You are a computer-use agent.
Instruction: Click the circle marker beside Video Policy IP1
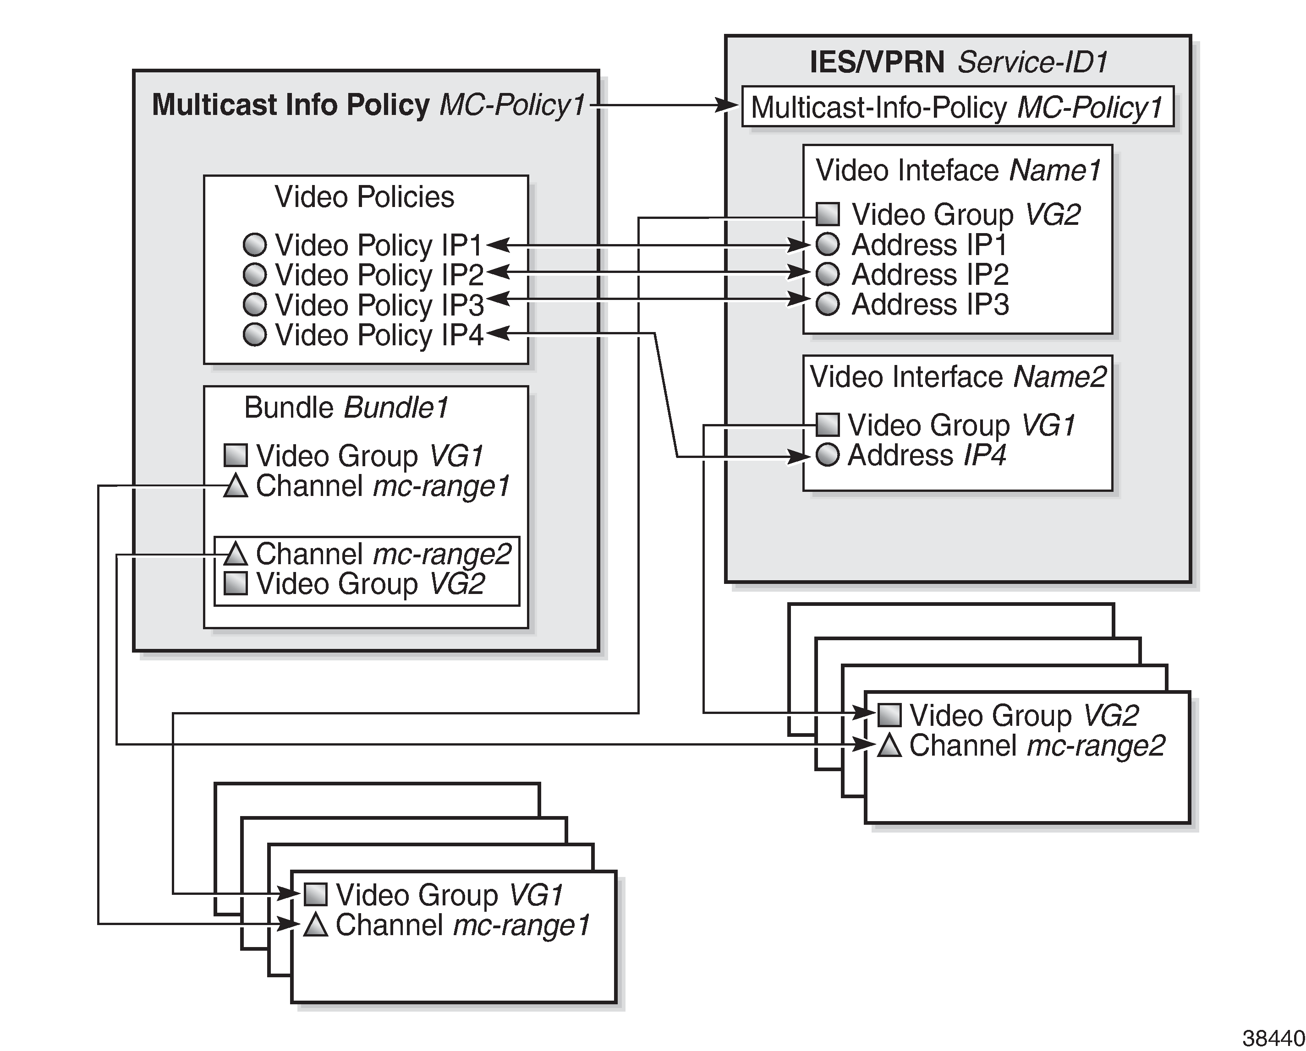click(254, 245)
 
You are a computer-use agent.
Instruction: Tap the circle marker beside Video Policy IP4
click(254, 334)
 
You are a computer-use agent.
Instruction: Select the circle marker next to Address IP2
click(828, 274)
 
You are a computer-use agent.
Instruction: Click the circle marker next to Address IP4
click(828, 455)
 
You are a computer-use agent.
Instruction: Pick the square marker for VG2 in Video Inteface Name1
click(828, 214)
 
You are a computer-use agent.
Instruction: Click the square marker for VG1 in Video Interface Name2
click(828, 425)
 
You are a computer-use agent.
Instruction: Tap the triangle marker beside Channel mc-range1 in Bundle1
click(236, 486)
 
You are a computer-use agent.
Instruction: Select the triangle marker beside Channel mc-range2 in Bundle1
click(236, 554)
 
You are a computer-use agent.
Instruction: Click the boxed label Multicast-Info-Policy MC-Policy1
click(957, 107)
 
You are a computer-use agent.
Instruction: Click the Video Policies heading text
click(364, 197)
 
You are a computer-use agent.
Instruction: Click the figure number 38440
click(1272, 1038)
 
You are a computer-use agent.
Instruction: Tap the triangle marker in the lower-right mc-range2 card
click(890, 745)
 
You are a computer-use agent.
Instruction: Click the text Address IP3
click(929, 304)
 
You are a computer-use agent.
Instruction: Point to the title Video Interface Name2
click(958, 376)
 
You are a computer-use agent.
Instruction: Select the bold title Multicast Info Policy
click(291, 105)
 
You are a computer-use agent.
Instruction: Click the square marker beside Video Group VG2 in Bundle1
click(236, 583)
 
